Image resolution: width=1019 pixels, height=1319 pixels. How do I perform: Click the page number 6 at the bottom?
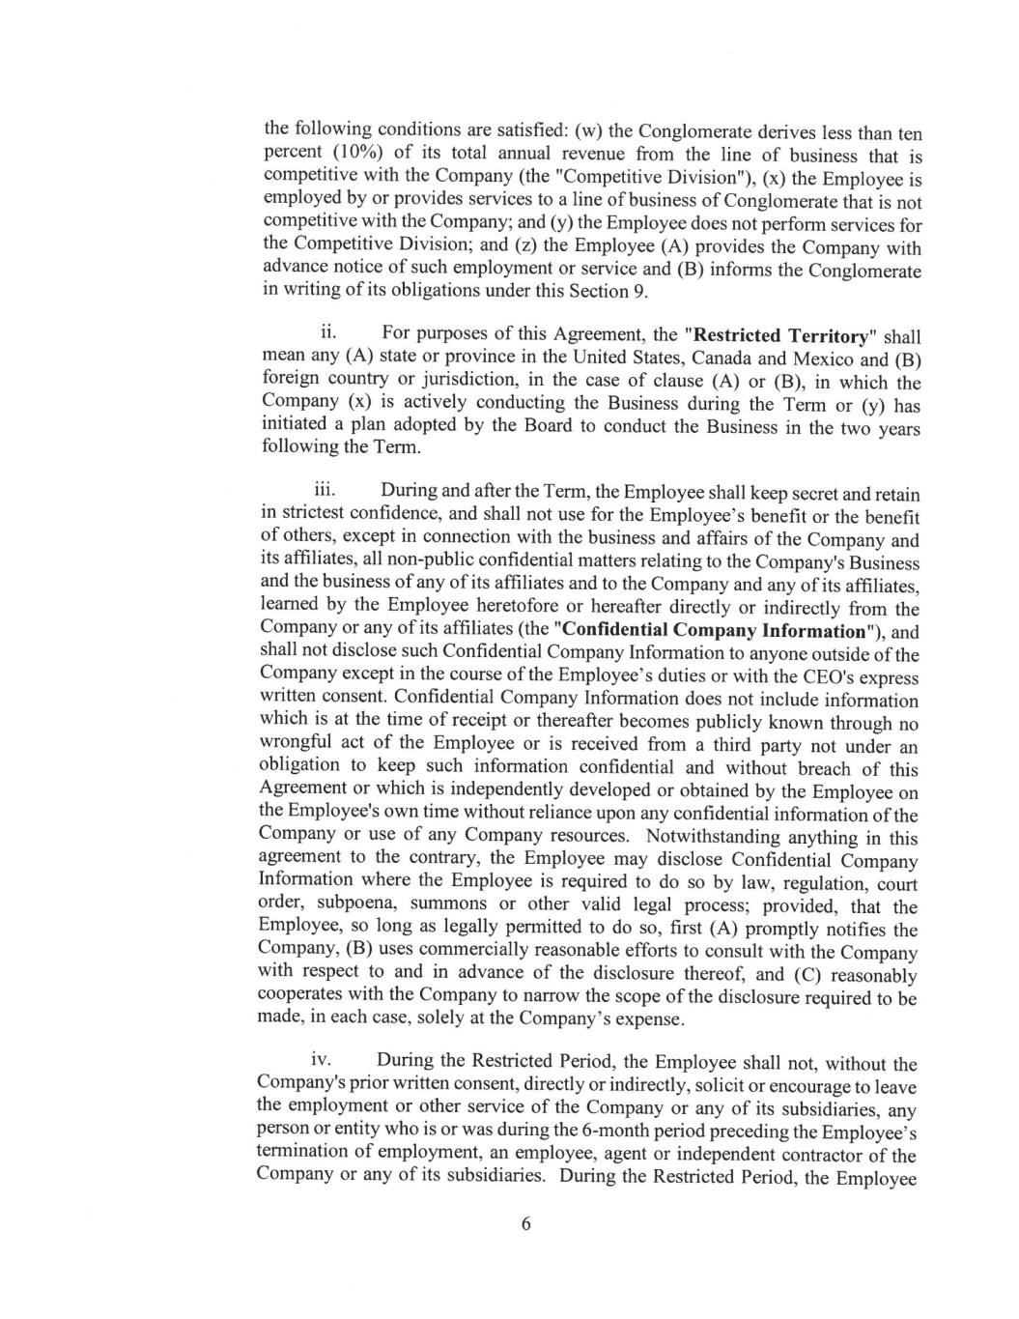coord(526,1224)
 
